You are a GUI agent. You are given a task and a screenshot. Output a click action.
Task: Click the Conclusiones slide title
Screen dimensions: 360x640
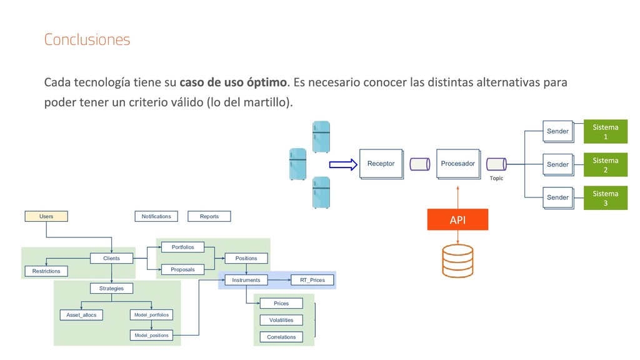click(87, 40)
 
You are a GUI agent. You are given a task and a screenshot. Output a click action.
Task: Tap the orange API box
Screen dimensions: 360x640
click(457, 220)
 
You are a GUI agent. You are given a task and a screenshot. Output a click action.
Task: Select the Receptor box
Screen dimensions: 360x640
click(381, 164)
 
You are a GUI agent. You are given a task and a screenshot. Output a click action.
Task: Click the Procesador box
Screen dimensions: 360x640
click(457, 164)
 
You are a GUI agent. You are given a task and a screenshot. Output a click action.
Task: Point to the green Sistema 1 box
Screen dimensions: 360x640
click(605, 131)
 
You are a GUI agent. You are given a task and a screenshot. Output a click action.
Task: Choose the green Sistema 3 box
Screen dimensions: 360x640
click(605, 197)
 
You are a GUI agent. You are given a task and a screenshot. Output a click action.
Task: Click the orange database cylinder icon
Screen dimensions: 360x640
click(457, 261)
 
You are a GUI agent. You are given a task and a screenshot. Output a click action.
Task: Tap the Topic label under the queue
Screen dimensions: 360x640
click(496, 178)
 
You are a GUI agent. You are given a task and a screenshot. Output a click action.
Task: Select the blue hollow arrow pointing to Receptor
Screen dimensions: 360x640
click(342, 164)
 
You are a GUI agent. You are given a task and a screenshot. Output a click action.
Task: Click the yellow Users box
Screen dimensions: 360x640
click(46, 216)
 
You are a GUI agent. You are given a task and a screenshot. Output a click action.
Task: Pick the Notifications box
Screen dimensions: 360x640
click(156, 216)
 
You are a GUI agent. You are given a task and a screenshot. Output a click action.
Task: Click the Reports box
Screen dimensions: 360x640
click(209, 216)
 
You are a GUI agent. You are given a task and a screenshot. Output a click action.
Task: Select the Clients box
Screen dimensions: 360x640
click(112, 258)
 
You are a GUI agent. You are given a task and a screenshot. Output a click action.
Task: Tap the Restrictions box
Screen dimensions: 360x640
click(46, 271)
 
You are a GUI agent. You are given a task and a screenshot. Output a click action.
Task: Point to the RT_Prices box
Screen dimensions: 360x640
click(312, 280)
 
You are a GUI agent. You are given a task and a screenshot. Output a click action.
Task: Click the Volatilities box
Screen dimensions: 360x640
click(281, 320)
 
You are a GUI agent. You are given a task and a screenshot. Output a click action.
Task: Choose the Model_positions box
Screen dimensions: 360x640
click(151, 336)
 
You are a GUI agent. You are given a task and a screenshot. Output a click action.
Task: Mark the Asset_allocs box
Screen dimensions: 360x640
click(82, 315)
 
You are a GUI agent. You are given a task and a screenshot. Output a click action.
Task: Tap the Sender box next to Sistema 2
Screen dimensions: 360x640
click(557, 164)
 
